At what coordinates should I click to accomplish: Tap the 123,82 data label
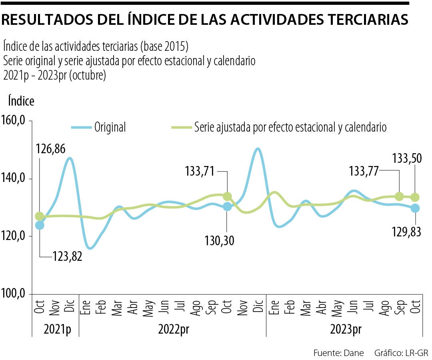click(x=67, y=256)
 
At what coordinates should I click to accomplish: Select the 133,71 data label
click(x=200, y=172)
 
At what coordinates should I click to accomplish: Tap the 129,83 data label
click(x=407, y=231)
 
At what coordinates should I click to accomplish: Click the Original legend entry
click(x=110, y=127)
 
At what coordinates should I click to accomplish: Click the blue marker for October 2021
click(x=40, y=225)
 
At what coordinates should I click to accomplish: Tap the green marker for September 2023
click(x=399, y=196)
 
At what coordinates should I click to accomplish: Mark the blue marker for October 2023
click(x=415, y=208)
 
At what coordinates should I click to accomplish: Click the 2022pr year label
click(x=173, y=329)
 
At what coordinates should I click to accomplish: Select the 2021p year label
click(x=55, y=329)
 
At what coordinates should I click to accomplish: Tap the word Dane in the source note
click(x=355, y=353)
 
